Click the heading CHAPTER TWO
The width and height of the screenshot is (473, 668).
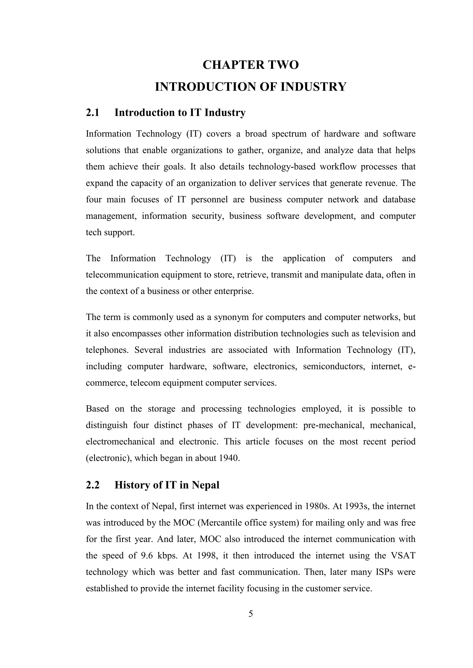tap(251, 65)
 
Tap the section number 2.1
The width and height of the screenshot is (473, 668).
tap(93, 113)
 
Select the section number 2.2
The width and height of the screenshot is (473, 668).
tap(93, 485)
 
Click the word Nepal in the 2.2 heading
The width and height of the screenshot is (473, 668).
tap(205, 485)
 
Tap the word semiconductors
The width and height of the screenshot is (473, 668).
tap(334, 366)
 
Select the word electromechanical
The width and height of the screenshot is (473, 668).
tap(120, 442)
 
